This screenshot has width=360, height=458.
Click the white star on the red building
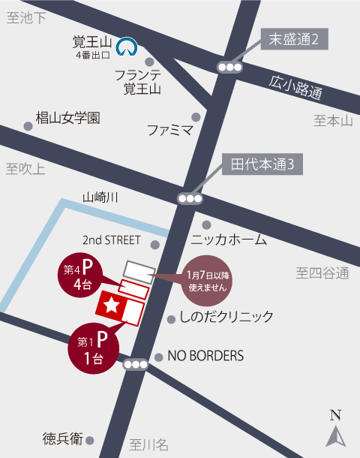click(111, 304)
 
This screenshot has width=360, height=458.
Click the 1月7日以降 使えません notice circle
click(205, 281)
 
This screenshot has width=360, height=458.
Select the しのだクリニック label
click(226, 317)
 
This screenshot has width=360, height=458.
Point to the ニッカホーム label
click(229, 240)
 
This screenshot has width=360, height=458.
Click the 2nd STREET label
click(112, 240)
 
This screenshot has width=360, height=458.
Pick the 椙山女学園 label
click(68, 118)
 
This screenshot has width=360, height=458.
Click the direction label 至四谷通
click(322, 273)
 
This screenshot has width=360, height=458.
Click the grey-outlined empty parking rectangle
click(139, 270)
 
